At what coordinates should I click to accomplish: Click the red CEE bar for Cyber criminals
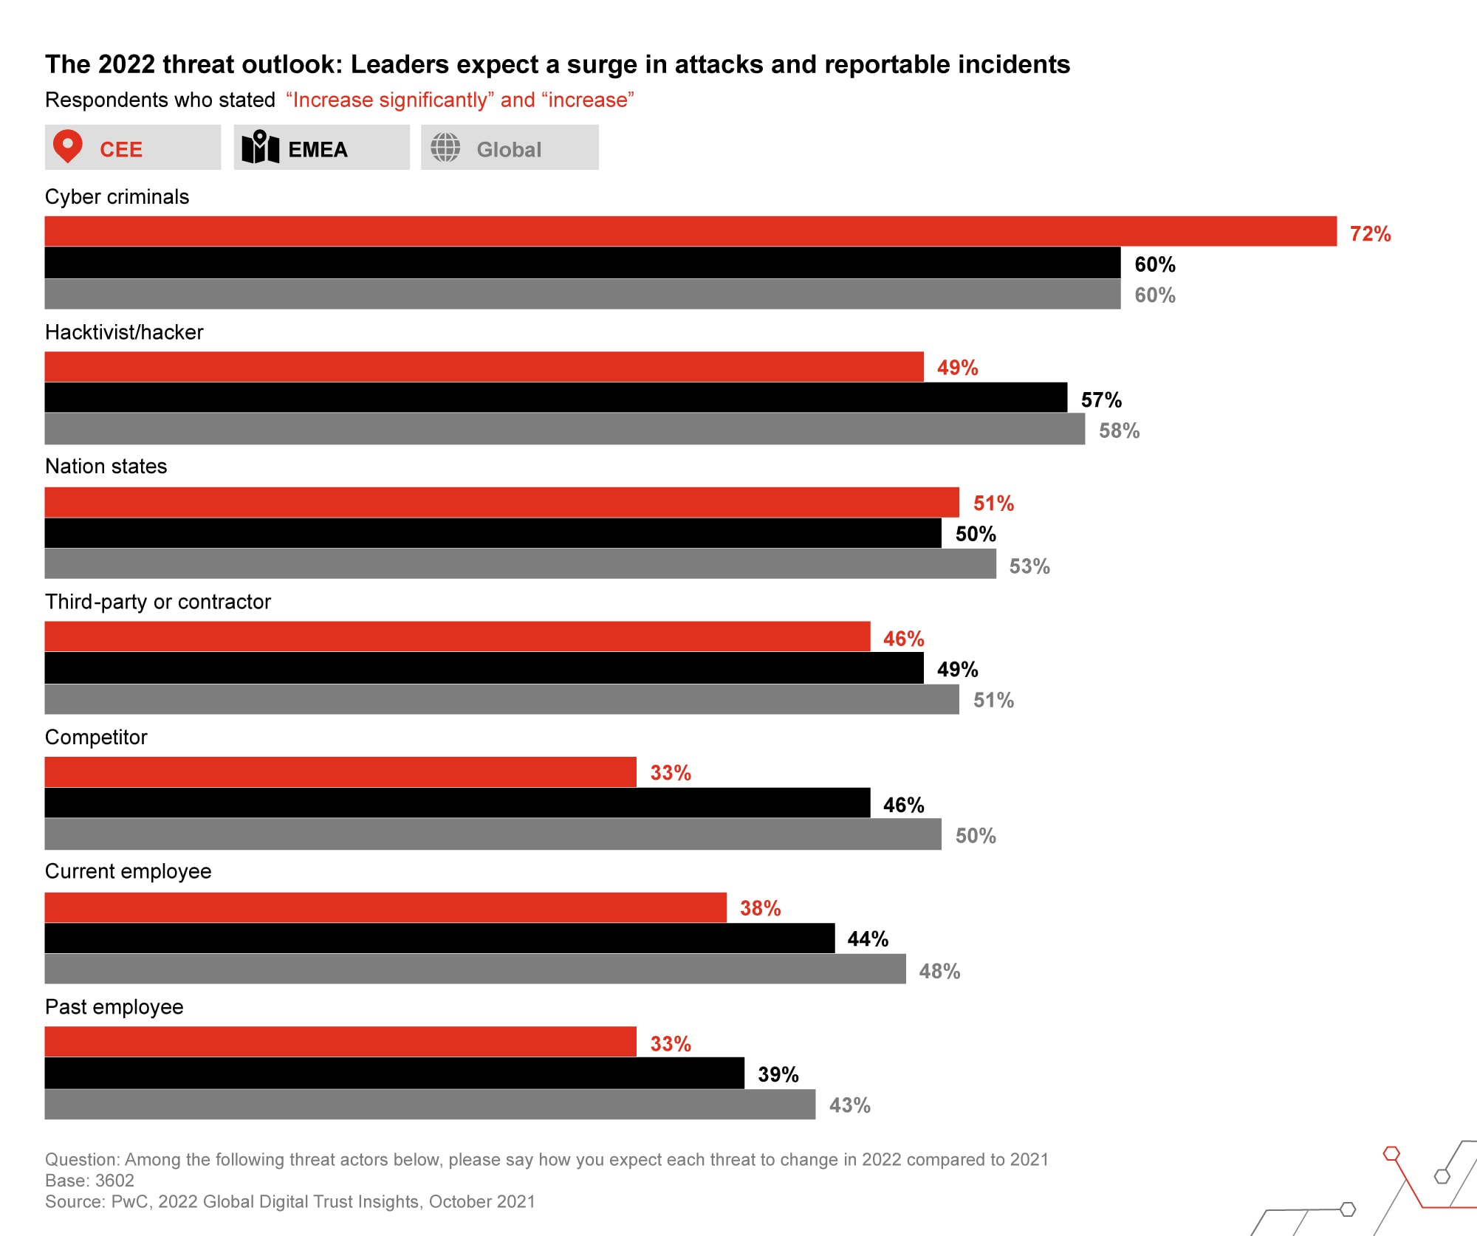690,231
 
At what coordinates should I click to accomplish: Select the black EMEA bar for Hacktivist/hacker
555,397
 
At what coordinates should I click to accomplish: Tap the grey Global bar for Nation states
520,563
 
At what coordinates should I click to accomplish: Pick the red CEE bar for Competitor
340,772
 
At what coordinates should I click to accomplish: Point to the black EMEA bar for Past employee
394,1073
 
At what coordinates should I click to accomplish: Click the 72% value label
1370,234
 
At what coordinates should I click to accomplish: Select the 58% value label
1119,430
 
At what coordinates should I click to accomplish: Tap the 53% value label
1029,566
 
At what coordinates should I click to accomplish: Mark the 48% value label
939,971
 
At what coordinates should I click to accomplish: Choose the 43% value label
849,1105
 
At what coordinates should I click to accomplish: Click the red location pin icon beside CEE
67,146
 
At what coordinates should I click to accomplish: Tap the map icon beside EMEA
260,147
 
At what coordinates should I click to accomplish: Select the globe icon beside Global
445,148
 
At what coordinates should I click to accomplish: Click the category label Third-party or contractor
158,602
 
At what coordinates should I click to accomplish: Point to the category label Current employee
128,871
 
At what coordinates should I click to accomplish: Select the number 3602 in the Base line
114,1180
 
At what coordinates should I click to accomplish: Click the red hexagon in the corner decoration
1391,1153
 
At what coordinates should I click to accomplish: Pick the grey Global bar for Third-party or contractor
501,699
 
